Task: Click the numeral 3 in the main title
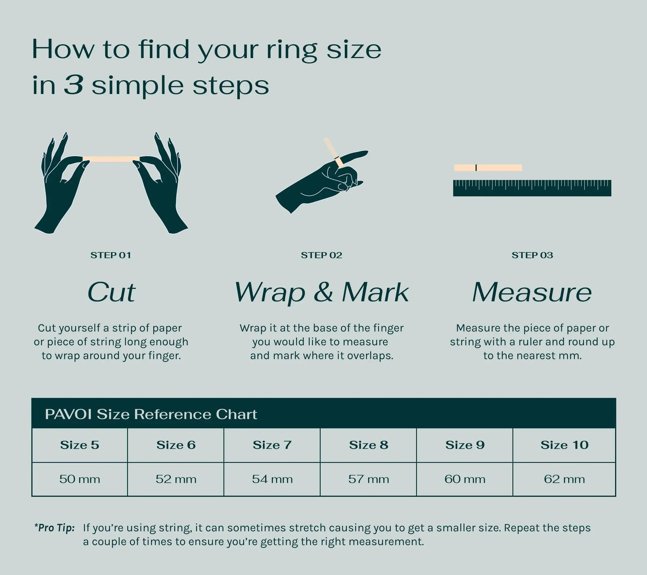[x=74, y=85]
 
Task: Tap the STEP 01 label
[x=111, y=255]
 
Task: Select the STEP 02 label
[x=321, y=255]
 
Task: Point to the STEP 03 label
[x=532, y=255]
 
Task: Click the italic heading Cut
[x=111, y=292]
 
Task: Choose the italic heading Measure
[x=532, y=292]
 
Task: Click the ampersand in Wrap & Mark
[x=323, y=292]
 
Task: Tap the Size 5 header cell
[x=80, y=445]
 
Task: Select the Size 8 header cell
[x=368, y=445]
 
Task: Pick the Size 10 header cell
[x=564, y=445]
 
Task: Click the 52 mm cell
[x=176, y=479]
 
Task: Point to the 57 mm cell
[x=368, y=479]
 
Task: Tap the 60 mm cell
[x=465, y=479]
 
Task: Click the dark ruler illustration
[x=532, y=188]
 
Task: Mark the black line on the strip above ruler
[x=476, y=167]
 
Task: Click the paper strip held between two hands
[x=111, y=159]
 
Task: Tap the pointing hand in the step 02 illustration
[x=321, y=180]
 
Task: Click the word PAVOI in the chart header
[x=69, y=414]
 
